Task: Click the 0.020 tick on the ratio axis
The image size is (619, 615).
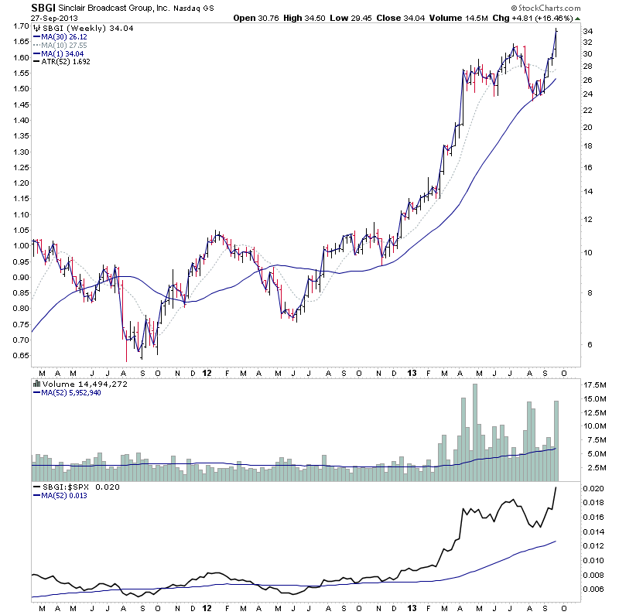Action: tap(593, 488)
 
